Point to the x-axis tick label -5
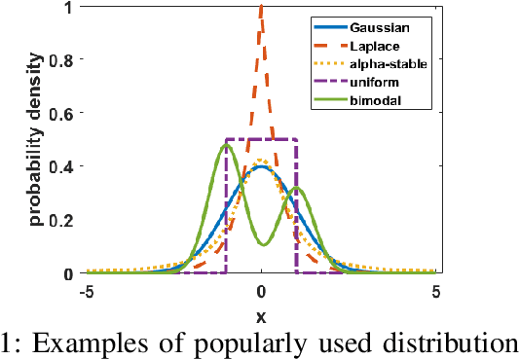tap(86, 291)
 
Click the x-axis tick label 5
tap(436, 291)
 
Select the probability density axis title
tap(36, 140)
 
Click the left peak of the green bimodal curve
tap(212, 146)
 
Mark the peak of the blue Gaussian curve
tap(261, 166)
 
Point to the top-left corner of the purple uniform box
tap(227, 140)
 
